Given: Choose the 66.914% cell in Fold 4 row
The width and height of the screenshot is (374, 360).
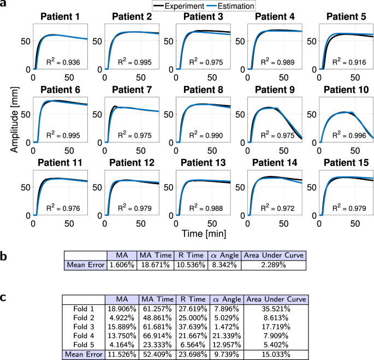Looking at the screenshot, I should [158, 331].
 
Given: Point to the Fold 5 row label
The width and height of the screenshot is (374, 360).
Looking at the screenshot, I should [84, 340].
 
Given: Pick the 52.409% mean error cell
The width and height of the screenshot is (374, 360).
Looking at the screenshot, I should [158, 349].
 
